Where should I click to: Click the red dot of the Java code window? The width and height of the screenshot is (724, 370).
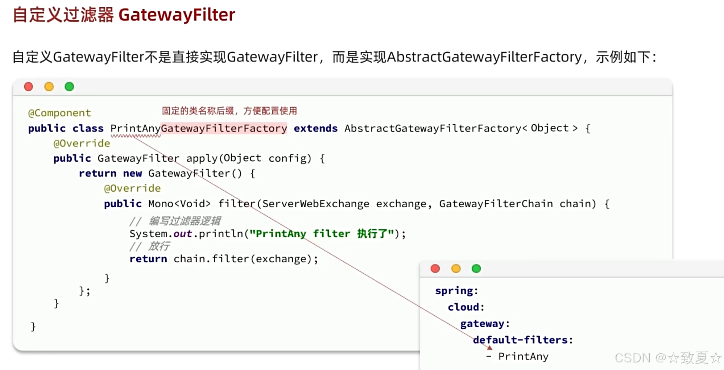28,87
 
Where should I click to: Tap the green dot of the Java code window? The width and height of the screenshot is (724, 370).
69,87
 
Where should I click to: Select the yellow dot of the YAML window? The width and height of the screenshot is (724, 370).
456,269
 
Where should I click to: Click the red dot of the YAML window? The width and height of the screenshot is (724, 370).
435,269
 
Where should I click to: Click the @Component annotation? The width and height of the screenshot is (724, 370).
59,113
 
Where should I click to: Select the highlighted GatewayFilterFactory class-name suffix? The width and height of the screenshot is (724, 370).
224,128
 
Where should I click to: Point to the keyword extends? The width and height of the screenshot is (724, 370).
315,128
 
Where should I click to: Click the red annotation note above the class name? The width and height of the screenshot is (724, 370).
229,111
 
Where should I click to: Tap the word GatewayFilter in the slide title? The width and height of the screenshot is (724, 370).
177,15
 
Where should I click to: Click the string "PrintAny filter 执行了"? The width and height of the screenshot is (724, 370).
322,234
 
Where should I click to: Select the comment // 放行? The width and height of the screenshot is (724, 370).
149,246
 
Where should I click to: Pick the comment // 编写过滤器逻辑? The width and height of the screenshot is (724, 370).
175,221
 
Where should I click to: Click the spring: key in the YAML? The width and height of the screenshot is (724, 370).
456,291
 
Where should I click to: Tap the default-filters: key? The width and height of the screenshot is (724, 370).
522,340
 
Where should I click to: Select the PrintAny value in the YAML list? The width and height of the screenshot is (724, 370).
523,357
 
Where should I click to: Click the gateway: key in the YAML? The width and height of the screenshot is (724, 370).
485,324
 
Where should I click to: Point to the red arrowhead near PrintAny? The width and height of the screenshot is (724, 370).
490,348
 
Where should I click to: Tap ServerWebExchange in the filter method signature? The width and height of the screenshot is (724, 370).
315,204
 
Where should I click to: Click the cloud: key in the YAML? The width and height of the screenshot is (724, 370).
466,307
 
